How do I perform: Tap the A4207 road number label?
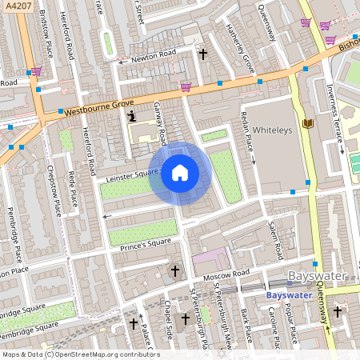17,7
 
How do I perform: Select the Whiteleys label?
274,129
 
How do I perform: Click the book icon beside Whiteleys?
308,123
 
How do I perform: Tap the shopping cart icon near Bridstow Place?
35,71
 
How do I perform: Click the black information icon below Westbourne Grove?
130,118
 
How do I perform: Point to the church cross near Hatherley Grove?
203,54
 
